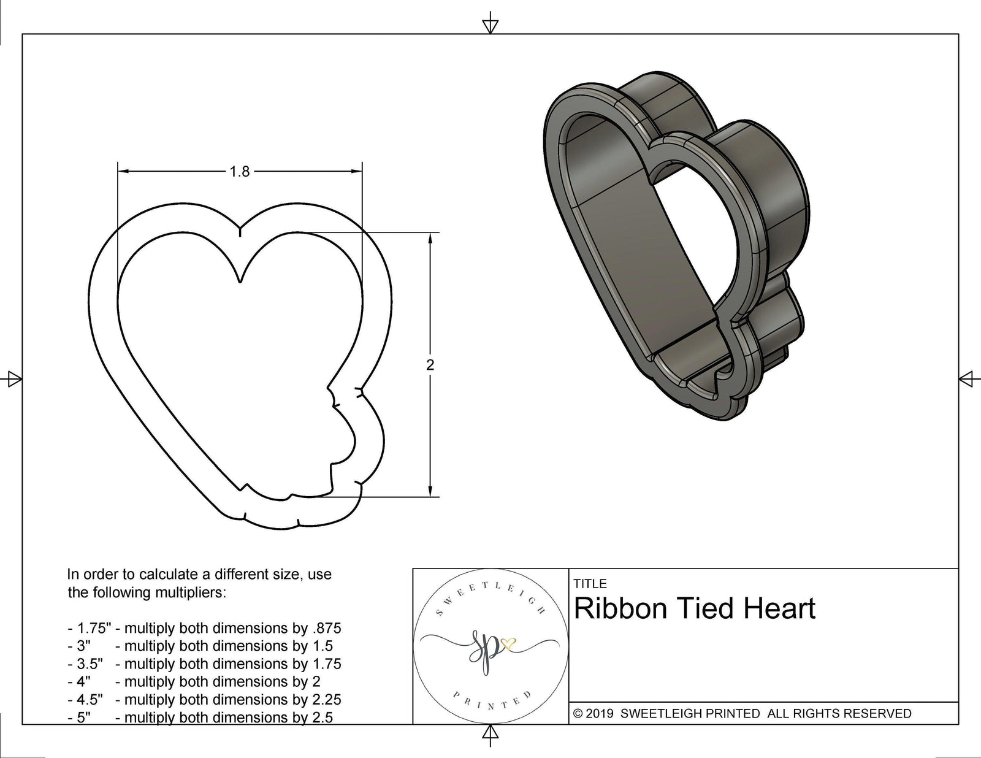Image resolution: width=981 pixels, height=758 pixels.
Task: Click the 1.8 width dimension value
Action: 240,172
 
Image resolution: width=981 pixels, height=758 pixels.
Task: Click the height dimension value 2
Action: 430,365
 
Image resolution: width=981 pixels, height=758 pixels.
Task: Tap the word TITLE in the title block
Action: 590,583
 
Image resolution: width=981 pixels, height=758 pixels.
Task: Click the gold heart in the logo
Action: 508,643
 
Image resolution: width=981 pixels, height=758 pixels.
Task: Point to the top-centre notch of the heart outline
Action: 240,230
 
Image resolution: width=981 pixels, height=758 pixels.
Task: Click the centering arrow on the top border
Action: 490,25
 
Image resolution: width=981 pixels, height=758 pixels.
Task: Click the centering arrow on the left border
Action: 12,378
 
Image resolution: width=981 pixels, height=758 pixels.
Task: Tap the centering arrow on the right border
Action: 969,378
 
